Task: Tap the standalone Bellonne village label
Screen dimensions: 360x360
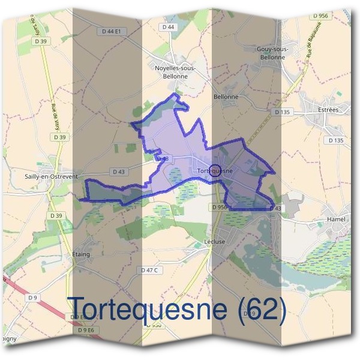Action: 226,97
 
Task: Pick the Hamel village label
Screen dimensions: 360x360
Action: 336,220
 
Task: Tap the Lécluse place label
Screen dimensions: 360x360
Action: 214,243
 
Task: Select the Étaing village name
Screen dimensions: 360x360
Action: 81,254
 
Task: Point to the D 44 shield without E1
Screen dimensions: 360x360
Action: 168,28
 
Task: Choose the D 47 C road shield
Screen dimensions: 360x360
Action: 150,271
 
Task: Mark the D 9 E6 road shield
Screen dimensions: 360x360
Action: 86,330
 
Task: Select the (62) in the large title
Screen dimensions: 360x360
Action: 262,308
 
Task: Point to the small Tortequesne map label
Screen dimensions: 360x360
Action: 214,171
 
